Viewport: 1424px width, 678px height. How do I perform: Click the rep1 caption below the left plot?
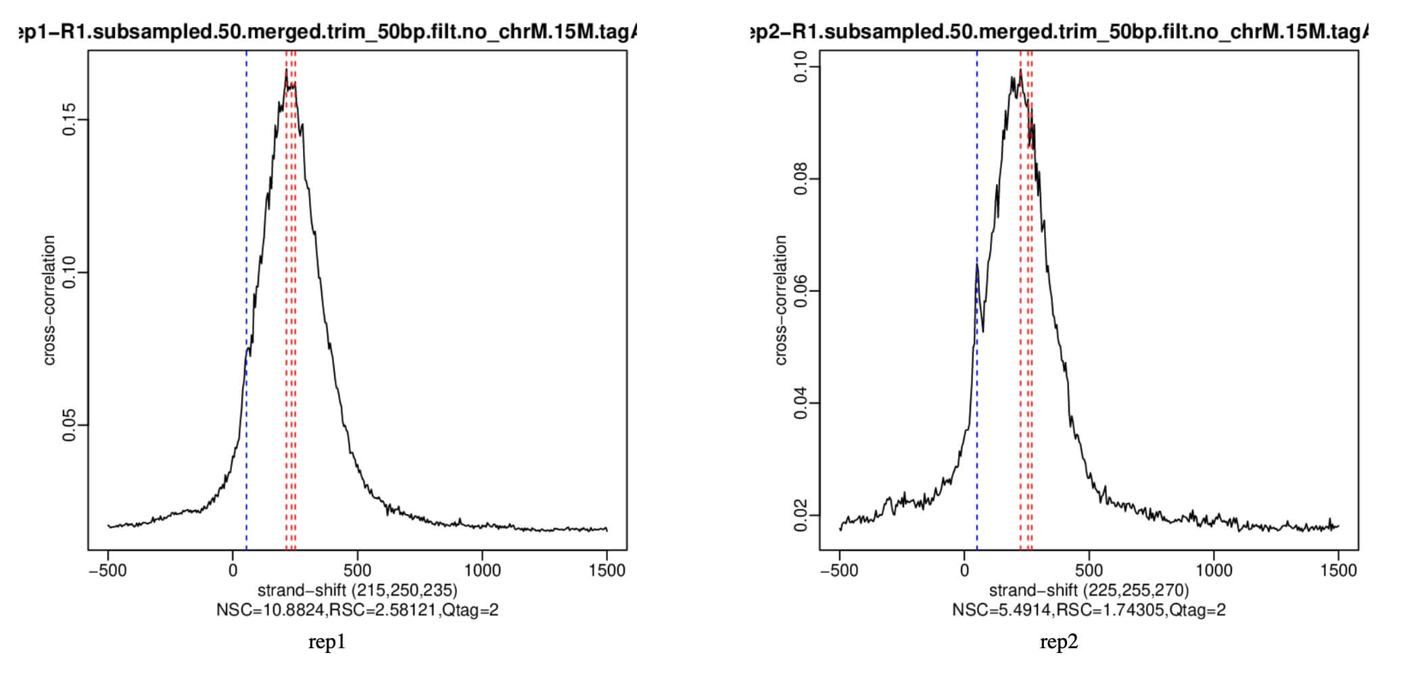[x=327, y=642]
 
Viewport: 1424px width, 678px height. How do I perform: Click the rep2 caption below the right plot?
[x=1058, y=642]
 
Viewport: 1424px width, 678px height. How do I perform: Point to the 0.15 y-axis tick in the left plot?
[x=69, y=120]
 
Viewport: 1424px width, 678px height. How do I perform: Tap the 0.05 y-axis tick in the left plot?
[x=69, y=426]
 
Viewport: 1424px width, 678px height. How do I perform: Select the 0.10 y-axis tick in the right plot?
[x=801, y=67]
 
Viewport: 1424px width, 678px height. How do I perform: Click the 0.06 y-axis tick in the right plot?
[x=801, y=291]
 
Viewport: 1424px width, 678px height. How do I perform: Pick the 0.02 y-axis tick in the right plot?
[x=801, y=516]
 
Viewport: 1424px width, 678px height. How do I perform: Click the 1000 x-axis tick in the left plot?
[x=482, y=570]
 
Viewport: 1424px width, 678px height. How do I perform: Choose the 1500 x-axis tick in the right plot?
[x=1338, y=570]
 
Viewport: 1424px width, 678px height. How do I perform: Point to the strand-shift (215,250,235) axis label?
[x=357, y=590]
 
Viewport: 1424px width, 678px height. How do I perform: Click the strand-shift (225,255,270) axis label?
[x=1089, y=590]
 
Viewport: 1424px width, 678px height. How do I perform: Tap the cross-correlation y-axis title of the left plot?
[x=49, y=300]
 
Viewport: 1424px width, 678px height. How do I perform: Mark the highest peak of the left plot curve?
[x=286, y=70]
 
